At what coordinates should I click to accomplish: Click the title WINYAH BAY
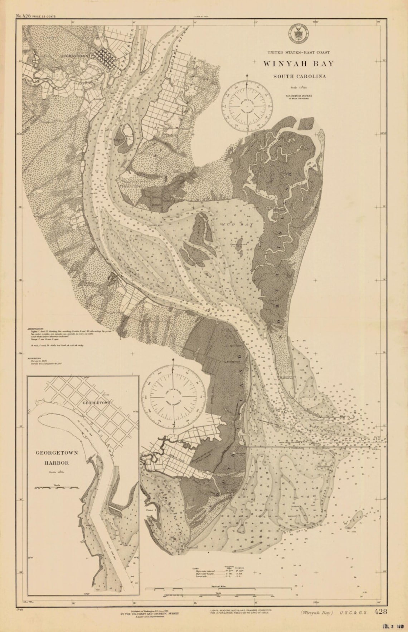[x=298, y=64]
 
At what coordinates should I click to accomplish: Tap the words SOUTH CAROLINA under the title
[x=300, y=76]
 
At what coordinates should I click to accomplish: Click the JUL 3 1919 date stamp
[x=391, y=626]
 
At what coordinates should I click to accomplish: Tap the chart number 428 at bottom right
[x=380, y=612]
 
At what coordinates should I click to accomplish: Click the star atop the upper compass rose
[x=247, y=75]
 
